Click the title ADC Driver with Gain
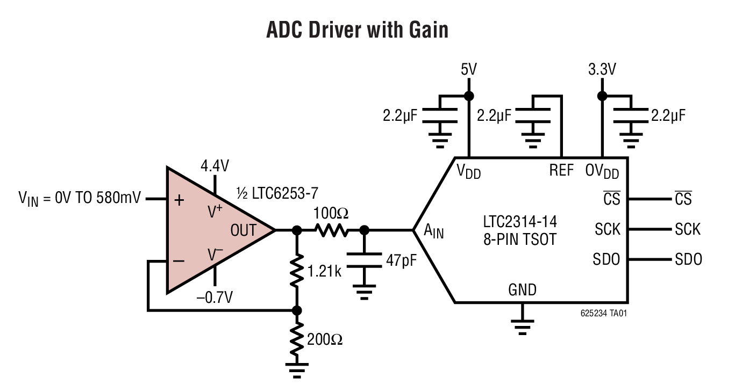[x=357, y=31]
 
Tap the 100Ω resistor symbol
[x=332, y=230]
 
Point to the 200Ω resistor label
[x=325, y=339]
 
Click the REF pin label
[x=561, y=171]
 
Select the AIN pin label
[x=434, y=231]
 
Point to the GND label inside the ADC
[x=522, y=290]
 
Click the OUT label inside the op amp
[x=244, y=230]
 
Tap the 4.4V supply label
[x=215, y=166]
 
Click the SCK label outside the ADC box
[x=688, y=229]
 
